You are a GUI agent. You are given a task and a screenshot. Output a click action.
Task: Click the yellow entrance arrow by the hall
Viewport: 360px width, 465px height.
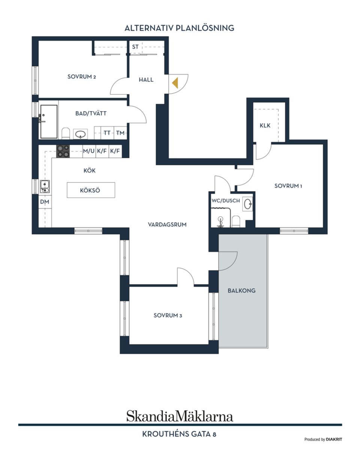[x=175, y=82]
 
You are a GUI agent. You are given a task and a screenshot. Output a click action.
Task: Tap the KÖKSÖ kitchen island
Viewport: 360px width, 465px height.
[x=90, y=190]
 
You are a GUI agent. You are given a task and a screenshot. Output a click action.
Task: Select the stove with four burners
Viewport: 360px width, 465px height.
[x=63, y=151]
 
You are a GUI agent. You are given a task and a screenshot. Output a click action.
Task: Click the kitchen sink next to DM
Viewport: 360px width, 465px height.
[x=45, y=186]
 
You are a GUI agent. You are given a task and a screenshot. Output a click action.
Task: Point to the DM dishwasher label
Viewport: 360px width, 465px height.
[x=45, y=202]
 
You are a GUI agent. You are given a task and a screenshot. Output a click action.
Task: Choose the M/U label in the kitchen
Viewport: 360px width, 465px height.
[x=89, y=151]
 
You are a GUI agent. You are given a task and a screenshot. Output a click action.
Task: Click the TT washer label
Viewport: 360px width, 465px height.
[x=107, y=133]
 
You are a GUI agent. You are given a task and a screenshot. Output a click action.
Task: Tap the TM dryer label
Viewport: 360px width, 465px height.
[x=120, y=133]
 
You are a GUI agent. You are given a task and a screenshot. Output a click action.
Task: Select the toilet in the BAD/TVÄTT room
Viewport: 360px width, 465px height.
[x=66, y=133]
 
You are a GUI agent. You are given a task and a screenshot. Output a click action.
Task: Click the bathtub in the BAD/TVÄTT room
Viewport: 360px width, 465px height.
[x=49, y=121]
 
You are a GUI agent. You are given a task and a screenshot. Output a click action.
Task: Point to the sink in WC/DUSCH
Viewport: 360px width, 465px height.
[x=248, y=204]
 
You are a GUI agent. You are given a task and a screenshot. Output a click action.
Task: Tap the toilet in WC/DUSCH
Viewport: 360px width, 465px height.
[x=236, y=221]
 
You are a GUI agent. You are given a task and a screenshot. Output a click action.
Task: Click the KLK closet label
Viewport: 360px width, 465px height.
[x=265, y=126]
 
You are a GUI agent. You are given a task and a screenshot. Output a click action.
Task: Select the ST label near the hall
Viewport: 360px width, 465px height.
[x=135, y=47]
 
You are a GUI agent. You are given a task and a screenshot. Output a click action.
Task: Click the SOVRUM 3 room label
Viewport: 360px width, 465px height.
[x=168, y=315]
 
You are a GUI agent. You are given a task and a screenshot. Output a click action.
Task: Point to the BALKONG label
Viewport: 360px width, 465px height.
[x=241, y=290]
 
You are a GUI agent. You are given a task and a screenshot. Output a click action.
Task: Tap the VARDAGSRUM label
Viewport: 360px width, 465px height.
[x=167, y=224]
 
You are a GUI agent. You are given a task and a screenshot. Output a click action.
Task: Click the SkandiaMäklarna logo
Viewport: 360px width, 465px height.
[x=180, y=416]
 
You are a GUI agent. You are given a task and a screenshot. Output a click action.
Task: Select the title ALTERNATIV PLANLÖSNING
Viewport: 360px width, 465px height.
[x=179, y=28]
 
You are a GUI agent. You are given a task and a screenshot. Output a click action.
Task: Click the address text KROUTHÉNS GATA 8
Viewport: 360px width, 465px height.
[x=179, y=434]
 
